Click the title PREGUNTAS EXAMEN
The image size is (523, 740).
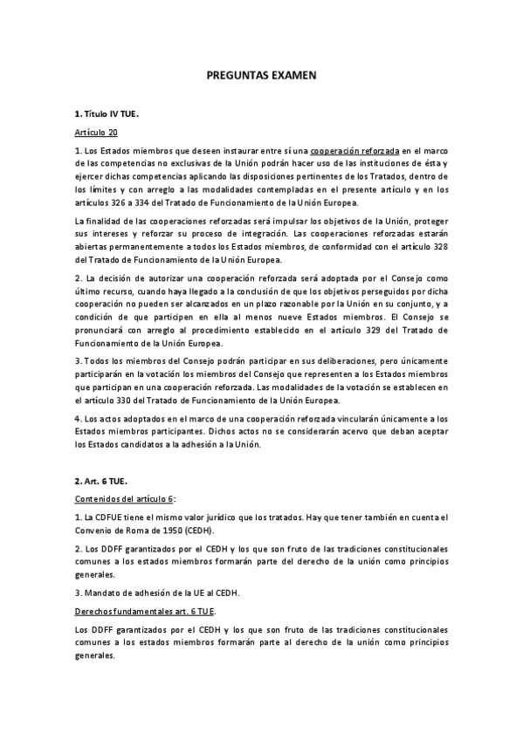pyautogui.click(x=260, y=76)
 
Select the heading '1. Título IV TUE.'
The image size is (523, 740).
pyautogui.click(x=107, y=114)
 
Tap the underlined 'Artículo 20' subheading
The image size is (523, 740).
pyautogui.click(x=95, y=133)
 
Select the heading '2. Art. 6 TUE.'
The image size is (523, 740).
pyautogui.click(x=100, y=480)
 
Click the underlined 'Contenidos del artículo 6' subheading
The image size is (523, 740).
pyautogui.click(x=123, y=498)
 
